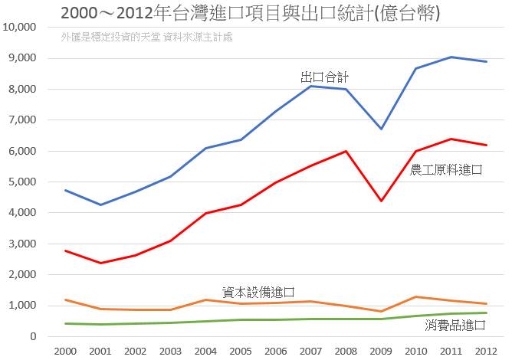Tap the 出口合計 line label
(325, 77)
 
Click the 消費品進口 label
(455, 326)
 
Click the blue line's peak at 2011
(451, 57)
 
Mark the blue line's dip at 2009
(381, 129)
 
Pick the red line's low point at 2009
(381, 201)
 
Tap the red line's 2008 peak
(346, 151)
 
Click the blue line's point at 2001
(101, 205)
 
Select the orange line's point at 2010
(416, 296)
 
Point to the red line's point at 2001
(101, 263)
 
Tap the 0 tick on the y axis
(33, 336)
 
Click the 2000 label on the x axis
(66, 350)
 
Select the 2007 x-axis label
(311, 350)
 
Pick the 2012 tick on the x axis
(486, 350)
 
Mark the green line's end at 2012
(486, 313)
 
